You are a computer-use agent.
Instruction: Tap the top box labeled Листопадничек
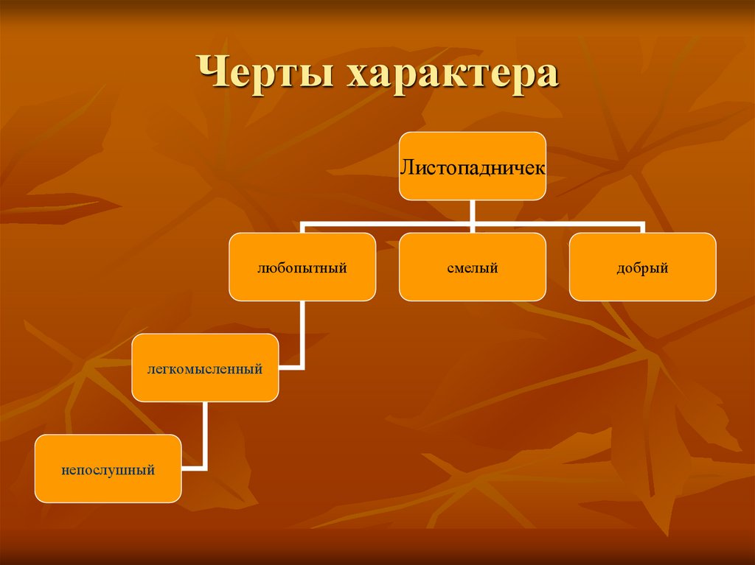pyautogui.click(x=473, y=166)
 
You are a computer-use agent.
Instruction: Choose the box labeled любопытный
pyautogui.click(x=302, y=267)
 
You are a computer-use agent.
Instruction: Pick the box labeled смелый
pyautogui.click(x=473, y=267)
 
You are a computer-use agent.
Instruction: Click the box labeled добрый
pyautogui.click(x=642, y=267)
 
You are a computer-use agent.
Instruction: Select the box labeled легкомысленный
pyautogui.click(x=206, y=368)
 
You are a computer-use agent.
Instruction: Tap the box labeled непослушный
pyautogui.click(x=108, y=469)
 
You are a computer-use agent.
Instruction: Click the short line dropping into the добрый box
pyautogui.click(x=642, y=227)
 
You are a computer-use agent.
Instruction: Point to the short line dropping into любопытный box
pyautogui.click(x=302, y=227)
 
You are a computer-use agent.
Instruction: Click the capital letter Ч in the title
pyautogui.click(x=213, y=77)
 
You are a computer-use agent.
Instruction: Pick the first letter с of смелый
pyautogui.click(x=450, y=268)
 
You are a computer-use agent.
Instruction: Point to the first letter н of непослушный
pyautogui.click(x=66, y=469)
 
